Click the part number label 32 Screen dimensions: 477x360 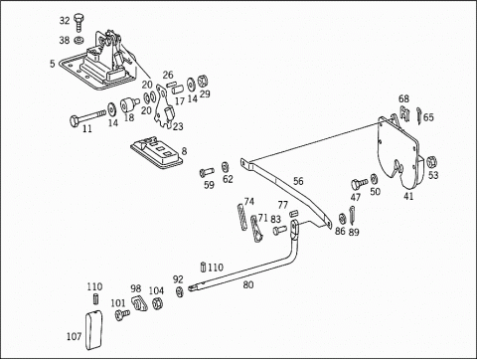[65, 21]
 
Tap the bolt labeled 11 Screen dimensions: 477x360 [88, 117]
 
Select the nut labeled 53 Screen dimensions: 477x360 [432, 162]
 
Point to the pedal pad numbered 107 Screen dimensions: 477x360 [94, 330]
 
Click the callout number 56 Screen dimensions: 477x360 [298, 181]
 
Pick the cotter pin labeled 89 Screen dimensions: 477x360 [353, 215]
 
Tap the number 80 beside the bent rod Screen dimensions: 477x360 [248, 284]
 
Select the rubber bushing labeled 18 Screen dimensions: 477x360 [129, 104]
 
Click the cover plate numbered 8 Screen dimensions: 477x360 [157, 151]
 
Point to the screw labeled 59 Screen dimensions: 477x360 [207, 172]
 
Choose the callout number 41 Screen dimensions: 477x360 [408, 196]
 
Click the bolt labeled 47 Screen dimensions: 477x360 [360, 183]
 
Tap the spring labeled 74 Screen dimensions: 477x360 [242, 216]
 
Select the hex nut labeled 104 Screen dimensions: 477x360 [157, 303]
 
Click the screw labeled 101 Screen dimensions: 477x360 [122, 314]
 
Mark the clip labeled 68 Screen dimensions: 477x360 [404, 113]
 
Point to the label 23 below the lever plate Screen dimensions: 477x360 [178, 126]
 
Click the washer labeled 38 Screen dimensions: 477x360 [79, 41]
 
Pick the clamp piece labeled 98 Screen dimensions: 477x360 [139, 303]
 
